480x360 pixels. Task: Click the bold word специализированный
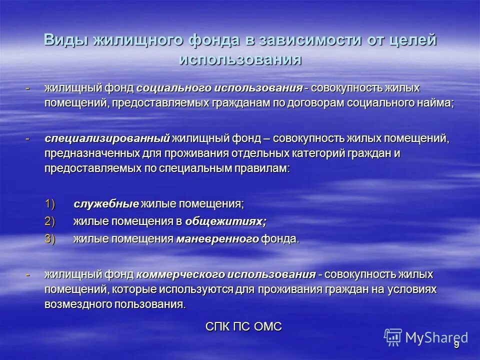pyautogui.click(x=107, y=137)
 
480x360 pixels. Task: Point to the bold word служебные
pyautogui.click(x=106, y=204)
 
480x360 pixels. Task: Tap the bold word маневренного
pyautogui.click(x=217, y=238)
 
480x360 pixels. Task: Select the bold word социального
pyautogui.click(x=173, y=88)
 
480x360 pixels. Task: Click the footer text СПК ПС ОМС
pyautogui.click(x=244, y=326)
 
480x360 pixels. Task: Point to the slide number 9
pyautogui.click(x=456, y=345)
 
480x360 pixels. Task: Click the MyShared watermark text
pyautogui.click(x=436, y=337)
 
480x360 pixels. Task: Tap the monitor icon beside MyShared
pyautogui.click(x=393, y=337)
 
